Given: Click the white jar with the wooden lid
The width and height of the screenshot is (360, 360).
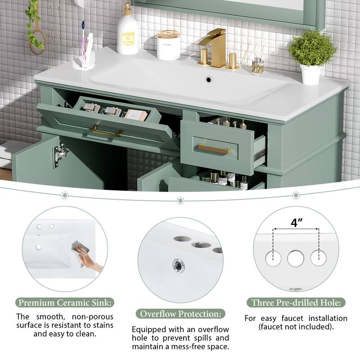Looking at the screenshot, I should [168, 45].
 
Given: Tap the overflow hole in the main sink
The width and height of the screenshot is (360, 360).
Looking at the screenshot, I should [208, 80].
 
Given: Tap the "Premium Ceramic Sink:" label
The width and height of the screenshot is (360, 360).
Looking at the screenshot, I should [66, 303].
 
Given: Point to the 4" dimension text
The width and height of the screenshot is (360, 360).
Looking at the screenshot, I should [296, 222].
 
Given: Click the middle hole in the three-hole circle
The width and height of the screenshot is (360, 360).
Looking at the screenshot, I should [296, 257].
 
